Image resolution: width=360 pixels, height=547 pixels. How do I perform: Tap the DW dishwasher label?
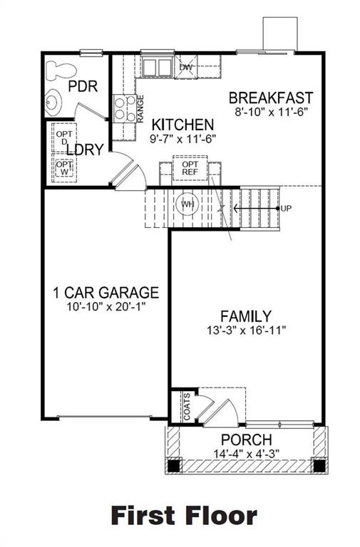(185, 68)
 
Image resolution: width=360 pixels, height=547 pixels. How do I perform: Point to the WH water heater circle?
(187, 205)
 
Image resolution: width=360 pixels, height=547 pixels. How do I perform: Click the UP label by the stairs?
(287, 208)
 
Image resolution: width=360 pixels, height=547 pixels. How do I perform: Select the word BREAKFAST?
(271, 98)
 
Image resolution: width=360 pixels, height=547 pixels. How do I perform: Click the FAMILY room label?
(245, 316)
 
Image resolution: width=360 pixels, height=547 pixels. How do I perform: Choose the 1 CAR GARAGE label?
(106, 293)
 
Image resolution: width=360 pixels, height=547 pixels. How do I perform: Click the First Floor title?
(183, 515)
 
